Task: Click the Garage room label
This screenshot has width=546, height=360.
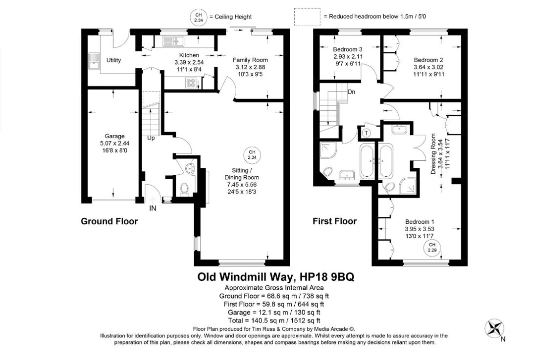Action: [114, 136]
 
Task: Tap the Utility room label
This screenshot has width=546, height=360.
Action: [113, 60]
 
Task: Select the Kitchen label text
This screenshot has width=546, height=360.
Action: [189, 55]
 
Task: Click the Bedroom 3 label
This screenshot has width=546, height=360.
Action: [348, 49]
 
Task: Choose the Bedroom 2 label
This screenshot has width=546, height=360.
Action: [428, 60]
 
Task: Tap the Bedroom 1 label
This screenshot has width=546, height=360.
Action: [419, 222]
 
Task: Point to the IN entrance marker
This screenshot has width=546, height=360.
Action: [153, 209]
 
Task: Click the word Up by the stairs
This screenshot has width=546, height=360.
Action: [151, 138]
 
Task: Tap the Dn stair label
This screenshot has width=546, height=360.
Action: [351, 92]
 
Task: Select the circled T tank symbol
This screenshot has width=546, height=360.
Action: [366, 132]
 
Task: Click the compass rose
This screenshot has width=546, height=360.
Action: [495, 328]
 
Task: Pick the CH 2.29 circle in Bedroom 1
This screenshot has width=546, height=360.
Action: [432, 248]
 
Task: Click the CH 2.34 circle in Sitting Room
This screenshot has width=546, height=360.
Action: [252, 155]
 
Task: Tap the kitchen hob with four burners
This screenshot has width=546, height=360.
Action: [191, 83]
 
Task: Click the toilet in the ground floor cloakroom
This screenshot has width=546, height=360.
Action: [184, 189]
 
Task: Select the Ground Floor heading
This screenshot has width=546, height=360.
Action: [109, 221]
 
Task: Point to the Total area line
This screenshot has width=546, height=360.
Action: [274, 321]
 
